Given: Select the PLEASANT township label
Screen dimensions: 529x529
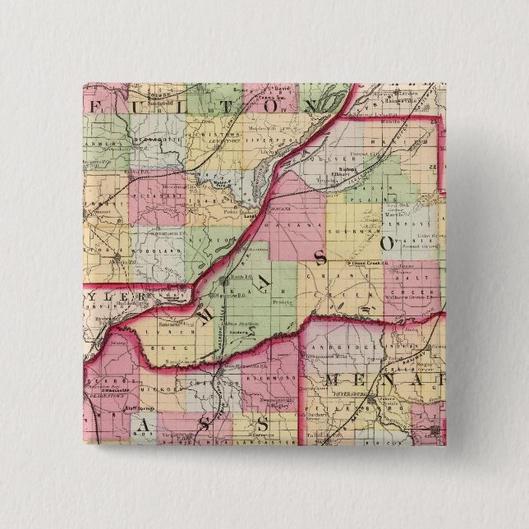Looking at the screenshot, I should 162,197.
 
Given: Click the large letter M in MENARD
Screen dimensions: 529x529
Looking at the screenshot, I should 338,379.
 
